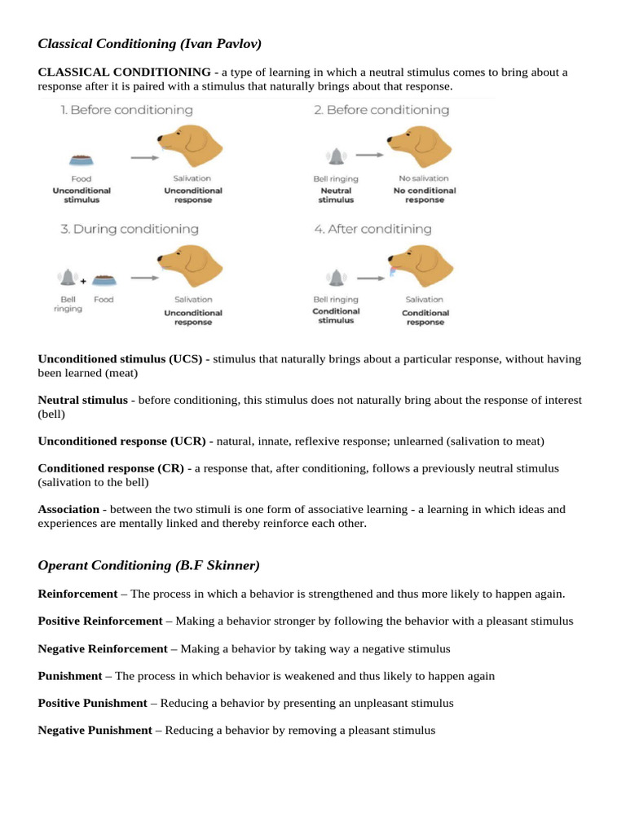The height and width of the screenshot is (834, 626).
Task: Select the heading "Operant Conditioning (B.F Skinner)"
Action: pos(148,565)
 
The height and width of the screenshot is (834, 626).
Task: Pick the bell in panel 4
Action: pos(334,278)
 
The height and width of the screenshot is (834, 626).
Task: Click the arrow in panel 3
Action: pos(143,278)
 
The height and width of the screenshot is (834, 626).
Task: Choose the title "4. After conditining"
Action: pos(373,230)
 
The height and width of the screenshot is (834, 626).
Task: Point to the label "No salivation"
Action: pos(424,178)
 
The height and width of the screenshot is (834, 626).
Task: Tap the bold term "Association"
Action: pos(68,509)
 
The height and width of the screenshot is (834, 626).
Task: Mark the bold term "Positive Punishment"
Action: pos(92,703)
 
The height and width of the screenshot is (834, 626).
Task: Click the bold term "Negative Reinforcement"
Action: pos(102,648)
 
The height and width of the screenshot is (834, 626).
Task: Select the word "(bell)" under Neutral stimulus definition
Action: pos(52,414)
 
